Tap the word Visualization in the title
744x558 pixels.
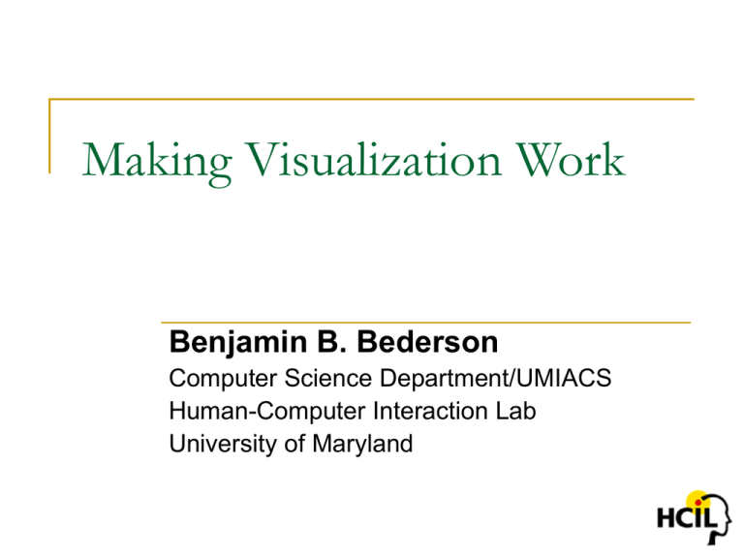coord(373,160)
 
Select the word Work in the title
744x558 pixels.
coord(571,160)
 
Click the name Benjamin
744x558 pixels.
coord(238,343)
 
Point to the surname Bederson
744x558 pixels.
coord(427,342)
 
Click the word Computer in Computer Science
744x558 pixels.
coord(223,379)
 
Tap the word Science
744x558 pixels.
coord(327,378)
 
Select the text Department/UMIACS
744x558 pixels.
coord(495,379)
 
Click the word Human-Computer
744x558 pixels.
coord(267,412)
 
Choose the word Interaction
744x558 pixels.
coord(430,411)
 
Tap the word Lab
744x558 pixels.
coord(515,411)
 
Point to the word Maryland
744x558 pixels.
coord(362,445)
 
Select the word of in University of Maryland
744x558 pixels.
coord(294,444)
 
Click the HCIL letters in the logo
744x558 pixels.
coord(686,517)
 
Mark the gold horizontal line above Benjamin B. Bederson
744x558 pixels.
coord(425,323)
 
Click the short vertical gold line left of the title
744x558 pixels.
coord(49,136)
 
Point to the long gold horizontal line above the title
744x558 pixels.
coord(372,99)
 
